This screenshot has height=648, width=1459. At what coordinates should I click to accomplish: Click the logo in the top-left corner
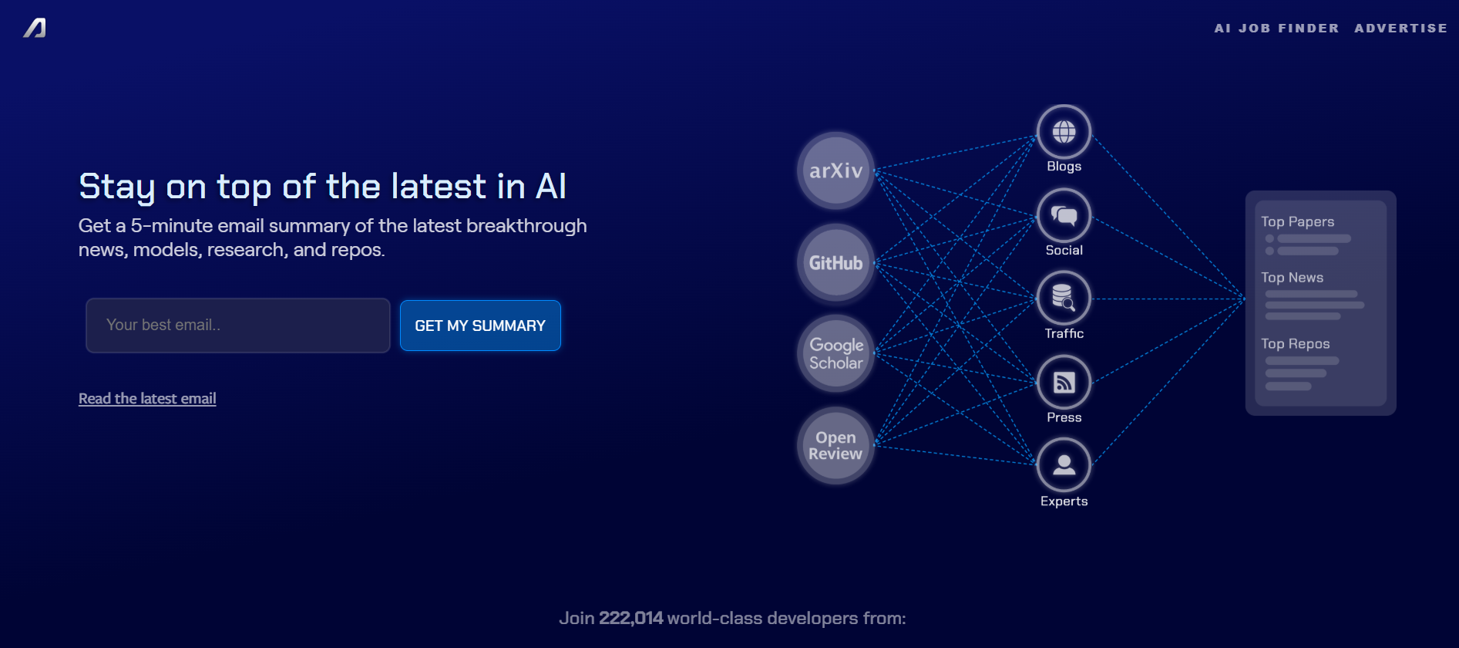35,29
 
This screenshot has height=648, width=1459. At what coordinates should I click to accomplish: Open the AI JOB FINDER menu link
1276,29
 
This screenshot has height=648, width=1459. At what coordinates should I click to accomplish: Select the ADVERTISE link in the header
1400,29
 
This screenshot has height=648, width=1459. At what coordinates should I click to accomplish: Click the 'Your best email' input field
238,326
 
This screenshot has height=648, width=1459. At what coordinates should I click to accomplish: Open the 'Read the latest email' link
147,399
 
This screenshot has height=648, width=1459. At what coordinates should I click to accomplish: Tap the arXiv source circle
835,170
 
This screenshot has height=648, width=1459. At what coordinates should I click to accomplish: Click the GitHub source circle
835,262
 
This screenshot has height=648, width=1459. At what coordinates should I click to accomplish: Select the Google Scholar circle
835,353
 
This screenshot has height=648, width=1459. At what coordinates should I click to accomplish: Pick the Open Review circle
835,445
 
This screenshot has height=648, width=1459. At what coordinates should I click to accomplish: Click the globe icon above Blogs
1064,132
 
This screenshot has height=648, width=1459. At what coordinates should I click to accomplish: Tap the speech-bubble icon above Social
1064,215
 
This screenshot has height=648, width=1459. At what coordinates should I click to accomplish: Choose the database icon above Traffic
1064,298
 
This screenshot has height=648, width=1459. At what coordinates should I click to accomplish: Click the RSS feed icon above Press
1064,382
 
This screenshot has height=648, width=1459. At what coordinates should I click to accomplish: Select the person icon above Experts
1064,464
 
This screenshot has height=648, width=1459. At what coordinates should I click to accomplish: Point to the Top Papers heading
1297,222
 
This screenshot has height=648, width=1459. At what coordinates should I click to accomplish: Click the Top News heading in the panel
1292,278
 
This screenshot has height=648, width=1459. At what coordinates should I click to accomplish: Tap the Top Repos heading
1295,344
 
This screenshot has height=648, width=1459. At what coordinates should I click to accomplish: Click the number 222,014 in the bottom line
630,619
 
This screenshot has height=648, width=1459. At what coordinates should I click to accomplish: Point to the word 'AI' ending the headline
551,187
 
